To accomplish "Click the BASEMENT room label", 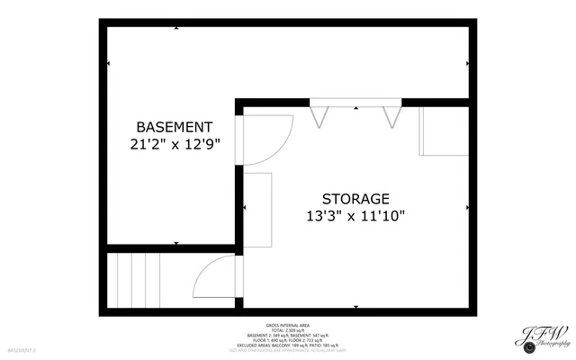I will tap(174, 127).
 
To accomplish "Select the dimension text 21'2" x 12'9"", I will tap(174, 143).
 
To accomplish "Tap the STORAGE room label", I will tap(355, 198).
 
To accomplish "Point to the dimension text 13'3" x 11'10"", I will tap(355, 215).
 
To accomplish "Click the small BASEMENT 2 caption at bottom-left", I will tap(22, 349).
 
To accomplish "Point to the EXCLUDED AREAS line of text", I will tap(288, 345).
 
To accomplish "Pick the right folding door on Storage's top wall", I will tap(391, 115).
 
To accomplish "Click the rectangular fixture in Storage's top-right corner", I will tap(443, 131).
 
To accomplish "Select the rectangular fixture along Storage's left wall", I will tap(257, 209).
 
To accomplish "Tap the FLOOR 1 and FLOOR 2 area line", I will tap(288, 339).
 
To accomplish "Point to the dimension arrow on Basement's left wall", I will tap(108, 63).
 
